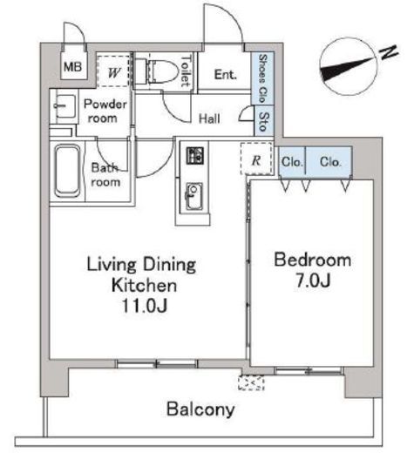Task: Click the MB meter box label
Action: tap(72, 67)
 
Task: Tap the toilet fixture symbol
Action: tap(157, 71)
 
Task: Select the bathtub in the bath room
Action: tap(68, 171)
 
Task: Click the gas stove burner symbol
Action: tap(194, 156)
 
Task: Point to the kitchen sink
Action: tap(193, 196)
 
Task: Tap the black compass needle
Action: tap(346, 70)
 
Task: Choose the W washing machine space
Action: tap(113, 71)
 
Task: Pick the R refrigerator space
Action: tap(257, 159)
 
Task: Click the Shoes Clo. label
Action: tap(262, 78)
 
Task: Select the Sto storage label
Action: tap(264, 121)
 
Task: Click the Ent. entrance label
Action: tap(225, 75)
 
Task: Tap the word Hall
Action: tap(209, 118)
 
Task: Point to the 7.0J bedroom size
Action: tap(313, 280)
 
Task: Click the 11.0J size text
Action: tap(145, 305)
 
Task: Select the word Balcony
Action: tap(200, 409)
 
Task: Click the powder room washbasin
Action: tap(64, 106)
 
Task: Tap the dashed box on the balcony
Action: tap(251, 382)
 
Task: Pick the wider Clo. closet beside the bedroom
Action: tap(329, 161)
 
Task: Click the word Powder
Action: tap(105, 105)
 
